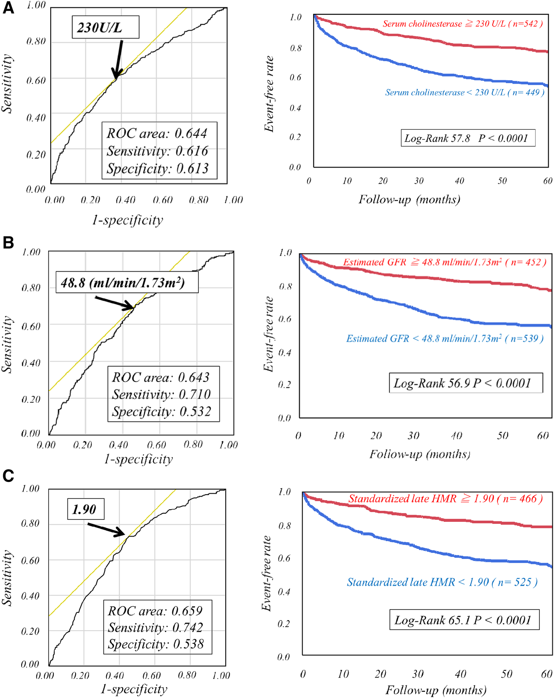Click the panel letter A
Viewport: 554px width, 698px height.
(8, 8)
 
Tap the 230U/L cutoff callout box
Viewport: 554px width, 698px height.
(105, 27)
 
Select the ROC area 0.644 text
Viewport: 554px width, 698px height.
(157, 133)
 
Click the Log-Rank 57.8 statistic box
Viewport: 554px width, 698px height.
(467, 138)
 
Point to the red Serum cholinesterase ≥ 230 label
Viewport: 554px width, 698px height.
(463, 24)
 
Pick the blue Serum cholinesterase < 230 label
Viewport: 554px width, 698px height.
(465, 93)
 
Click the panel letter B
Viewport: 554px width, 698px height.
(8, 243)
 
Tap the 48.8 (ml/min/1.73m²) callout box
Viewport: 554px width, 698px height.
(127, 282)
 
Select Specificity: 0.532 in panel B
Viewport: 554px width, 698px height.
(162, 411)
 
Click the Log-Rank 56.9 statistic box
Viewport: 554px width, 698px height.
(465, 383)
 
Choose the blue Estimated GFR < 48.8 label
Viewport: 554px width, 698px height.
(445, 338)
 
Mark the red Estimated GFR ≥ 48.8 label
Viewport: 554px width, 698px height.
(445, 262)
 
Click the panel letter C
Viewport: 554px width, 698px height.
(8, 476)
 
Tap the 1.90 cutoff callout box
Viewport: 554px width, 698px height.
(85, 509)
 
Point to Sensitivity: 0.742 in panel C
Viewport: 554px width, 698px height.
(156, 627)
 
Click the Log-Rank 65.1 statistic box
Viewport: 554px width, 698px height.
(464, 620)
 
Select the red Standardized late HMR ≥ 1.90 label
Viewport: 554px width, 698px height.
(445, 499)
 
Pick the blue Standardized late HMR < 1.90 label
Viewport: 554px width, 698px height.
(442, 582)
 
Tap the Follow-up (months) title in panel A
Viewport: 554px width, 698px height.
(409, 199)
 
